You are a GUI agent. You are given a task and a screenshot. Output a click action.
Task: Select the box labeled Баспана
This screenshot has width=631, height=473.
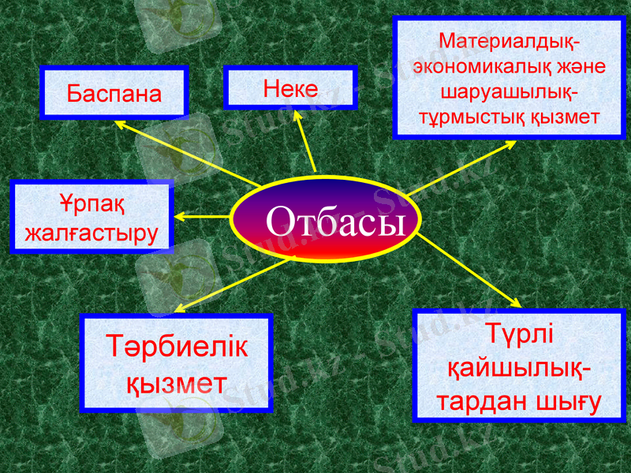tap(114, 92)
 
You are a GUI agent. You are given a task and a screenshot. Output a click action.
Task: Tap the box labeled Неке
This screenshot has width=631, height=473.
tap(290, 87)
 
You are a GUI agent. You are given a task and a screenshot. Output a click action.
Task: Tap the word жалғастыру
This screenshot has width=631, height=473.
tap(91, 233)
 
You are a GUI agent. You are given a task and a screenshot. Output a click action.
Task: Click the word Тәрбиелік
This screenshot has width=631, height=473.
tap(177, 348)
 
